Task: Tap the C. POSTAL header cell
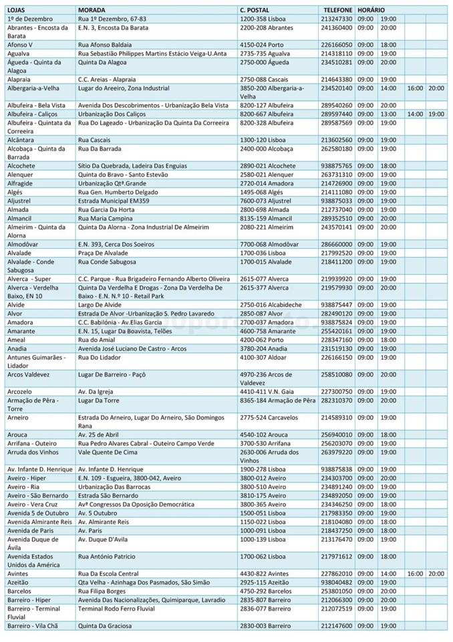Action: [255, 11]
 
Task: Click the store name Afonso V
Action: [20, 44]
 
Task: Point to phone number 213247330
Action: [337, 19]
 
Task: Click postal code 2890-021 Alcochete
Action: [267, 165]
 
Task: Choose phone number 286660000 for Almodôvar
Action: [337, 245]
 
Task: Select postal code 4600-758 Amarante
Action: [267, 331]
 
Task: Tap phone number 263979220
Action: [337, 451]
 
